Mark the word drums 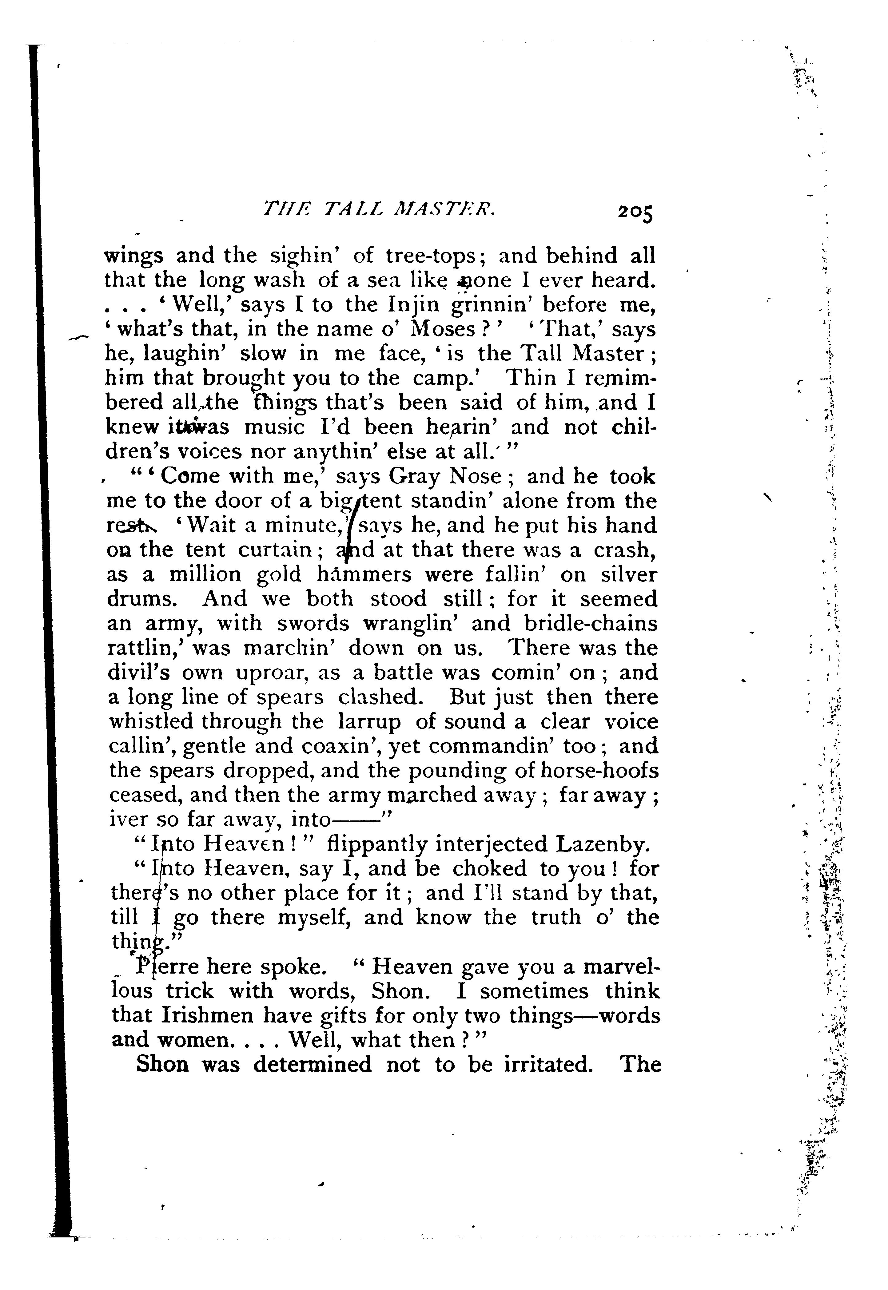(145, 599)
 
